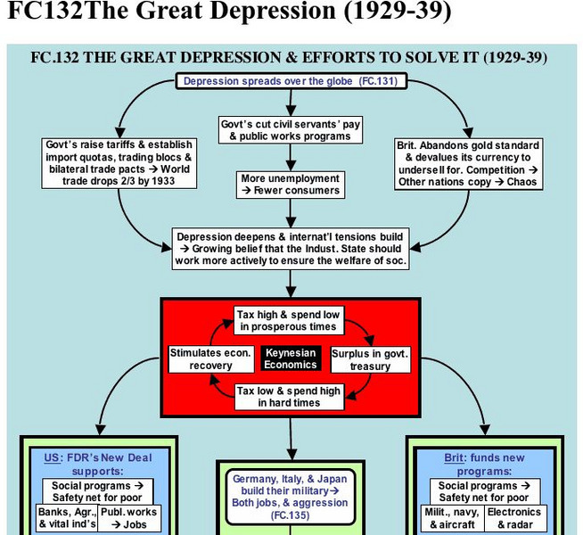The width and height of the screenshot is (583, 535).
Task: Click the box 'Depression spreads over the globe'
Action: click(291, 81)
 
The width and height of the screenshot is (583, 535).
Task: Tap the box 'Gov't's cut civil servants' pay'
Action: click(291, 130)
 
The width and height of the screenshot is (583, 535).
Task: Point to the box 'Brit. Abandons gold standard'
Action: click(466, 162)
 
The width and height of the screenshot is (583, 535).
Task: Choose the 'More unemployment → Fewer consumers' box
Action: click(291, 185)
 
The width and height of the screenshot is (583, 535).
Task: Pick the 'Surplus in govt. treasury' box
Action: click(369, 359)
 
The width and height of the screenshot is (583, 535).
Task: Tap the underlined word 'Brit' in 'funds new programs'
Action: click(455, 457)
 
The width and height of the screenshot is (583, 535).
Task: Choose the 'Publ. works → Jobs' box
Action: click(128, 518)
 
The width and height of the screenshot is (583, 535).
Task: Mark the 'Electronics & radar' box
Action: click(514, 518)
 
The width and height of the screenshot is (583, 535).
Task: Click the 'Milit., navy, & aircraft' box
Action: click(451, 518)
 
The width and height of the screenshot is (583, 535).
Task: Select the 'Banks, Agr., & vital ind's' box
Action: click(67, 518)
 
